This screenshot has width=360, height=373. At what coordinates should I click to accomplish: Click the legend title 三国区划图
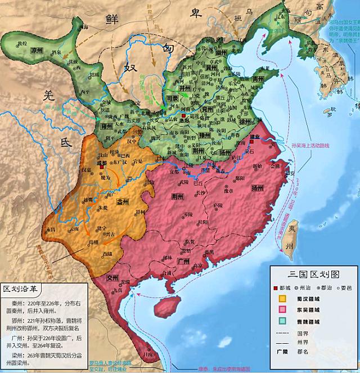point(313,275)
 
